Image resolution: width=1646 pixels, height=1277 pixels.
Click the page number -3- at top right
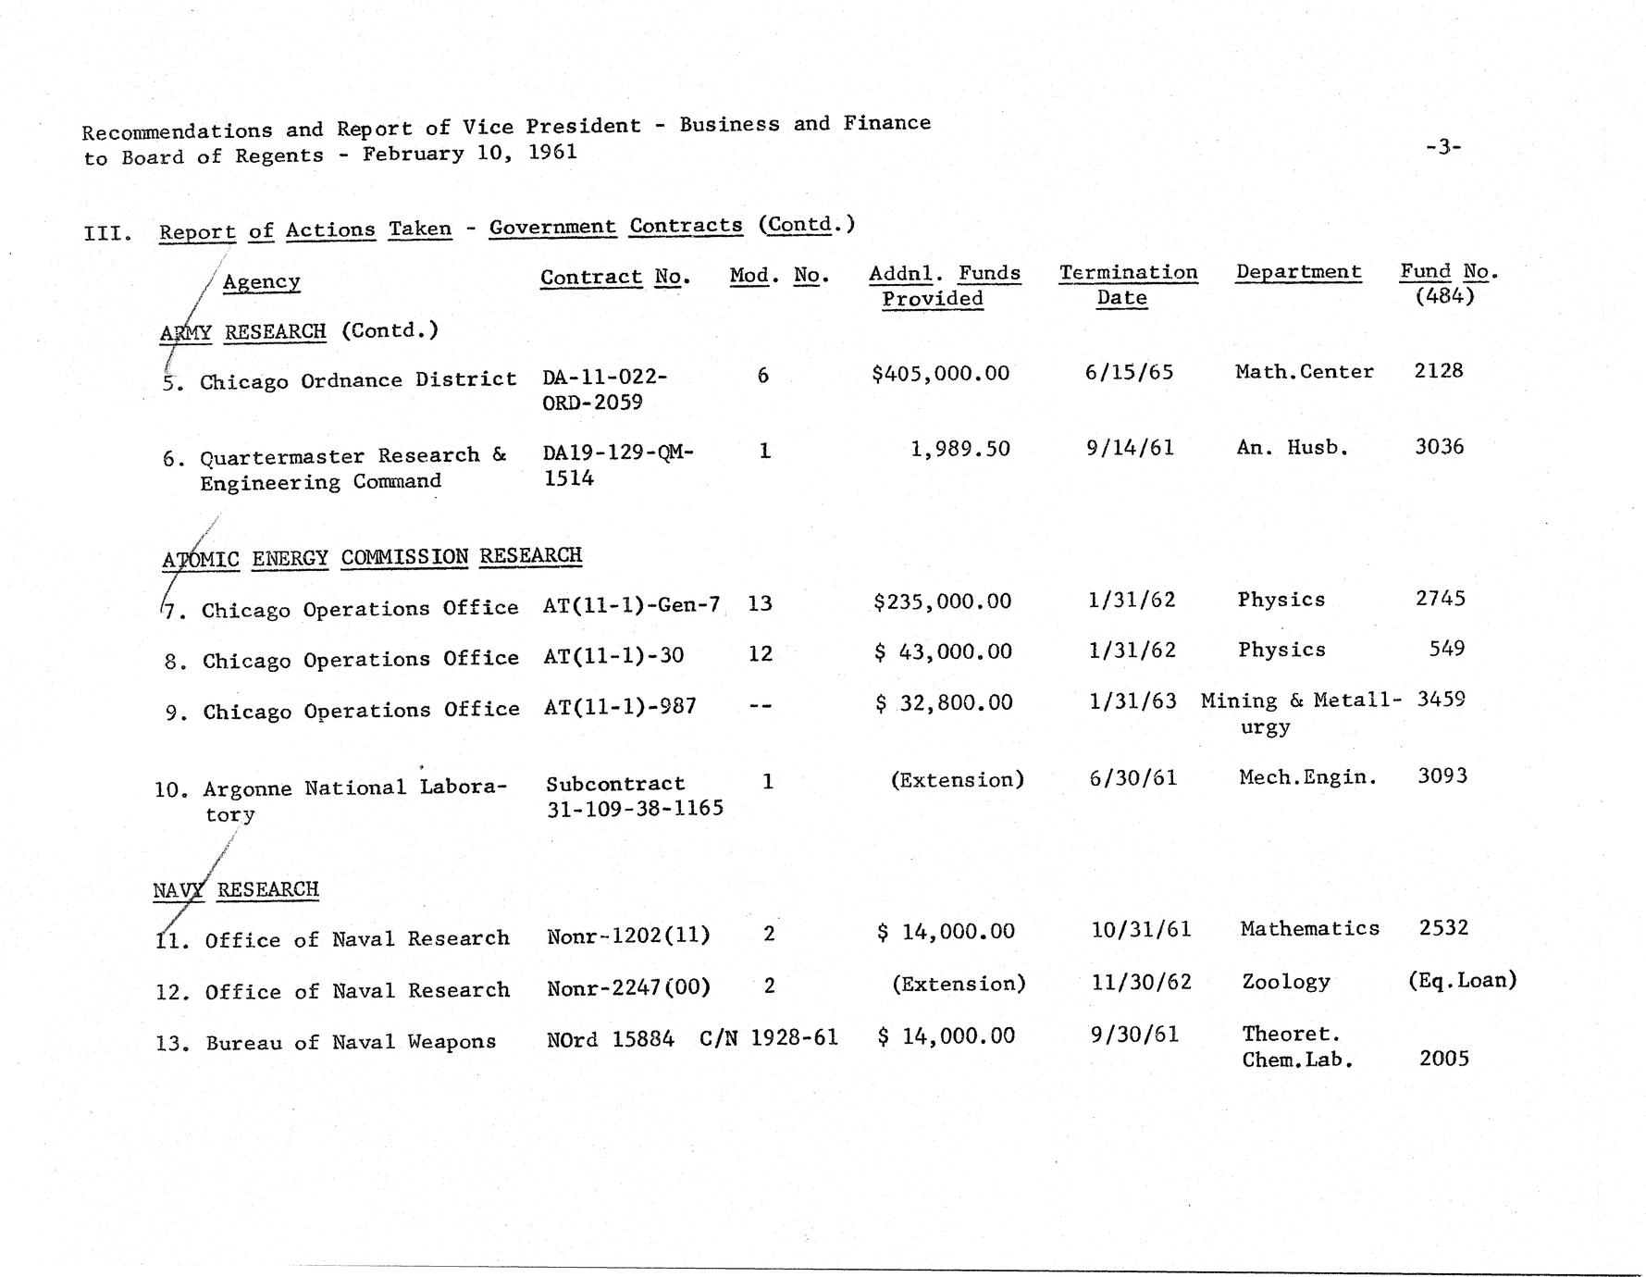pyautogui.click(x=1442, y=146)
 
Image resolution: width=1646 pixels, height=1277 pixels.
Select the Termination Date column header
pyautogui.click(x=1127, y=285)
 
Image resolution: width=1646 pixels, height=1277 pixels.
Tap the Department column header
pyautogui.click(x=1298, y=272)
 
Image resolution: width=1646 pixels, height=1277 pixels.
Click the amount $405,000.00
pyautogui.click(x=940, y=374)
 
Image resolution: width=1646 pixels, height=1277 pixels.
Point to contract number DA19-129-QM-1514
pyautogui.click(x=617, y=465)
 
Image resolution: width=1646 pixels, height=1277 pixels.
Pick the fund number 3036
pyautogui.click(x=1439, y=447)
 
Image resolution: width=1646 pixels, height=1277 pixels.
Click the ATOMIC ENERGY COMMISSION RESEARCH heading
pyautogui.click(x=372, y=557)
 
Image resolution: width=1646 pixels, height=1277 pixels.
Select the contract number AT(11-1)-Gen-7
pyautogui.click(x=631, y=605)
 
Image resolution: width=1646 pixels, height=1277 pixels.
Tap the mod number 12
pyautogui.click(x=760, y=654)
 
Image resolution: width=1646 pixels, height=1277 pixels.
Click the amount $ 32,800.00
pyautogui.click(x=944, y=703)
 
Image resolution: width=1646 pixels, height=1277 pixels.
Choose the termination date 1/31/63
pyautogui.click(x=1132, y=700)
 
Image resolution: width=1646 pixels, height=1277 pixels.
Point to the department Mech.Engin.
pyautogui.click(x=1306, y=777)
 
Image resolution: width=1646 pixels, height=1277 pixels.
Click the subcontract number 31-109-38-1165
pyautogui.click(x=634, y=808)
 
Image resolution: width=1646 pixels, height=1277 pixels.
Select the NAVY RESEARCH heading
pyautogui.click(x=235, y=890)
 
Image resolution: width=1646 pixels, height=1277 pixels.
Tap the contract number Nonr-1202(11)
pyautogui.click(x=628, y=936)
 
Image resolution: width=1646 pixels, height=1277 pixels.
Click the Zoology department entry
pyautogui.click(x=1285, y=982)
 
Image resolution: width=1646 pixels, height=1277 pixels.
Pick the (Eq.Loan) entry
pyautogui.click(x=1461, y=980)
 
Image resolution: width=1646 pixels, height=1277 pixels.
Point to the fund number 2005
pyautogui.click(x=1443, y=1059)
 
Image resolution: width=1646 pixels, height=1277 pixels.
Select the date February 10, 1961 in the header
pyautogui.click(x=469, y=153)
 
